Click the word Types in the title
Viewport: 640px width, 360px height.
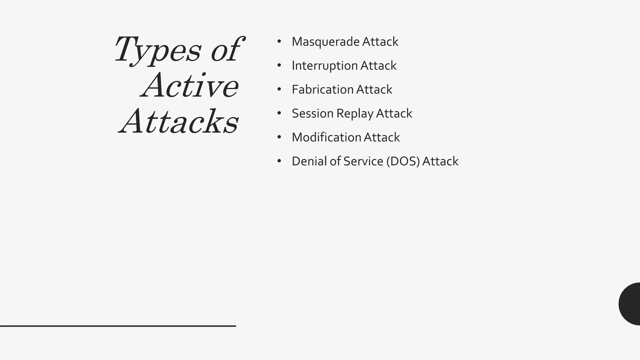[x=158, y=50]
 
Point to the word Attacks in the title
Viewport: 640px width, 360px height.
[x=179, y=122]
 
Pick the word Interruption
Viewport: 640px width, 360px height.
[x=324, y=66]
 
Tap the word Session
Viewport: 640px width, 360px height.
[x=312, y=113]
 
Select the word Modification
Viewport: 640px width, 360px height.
[x=326, y=137]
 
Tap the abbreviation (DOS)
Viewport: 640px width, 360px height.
[x=403, y=162]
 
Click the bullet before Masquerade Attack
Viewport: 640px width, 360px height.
[x=279, y=41]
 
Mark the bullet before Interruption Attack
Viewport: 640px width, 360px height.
[x=279, y=65]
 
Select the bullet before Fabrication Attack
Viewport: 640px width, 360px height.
[x=279, y=89]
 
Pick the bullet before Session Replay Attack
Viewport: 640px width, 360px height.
[x=279, y=113]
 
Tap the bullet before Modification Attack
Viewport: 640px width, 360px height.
[x=279, y=137]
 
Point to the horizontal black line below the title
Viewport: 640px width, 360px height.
[x=118, y=326]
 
